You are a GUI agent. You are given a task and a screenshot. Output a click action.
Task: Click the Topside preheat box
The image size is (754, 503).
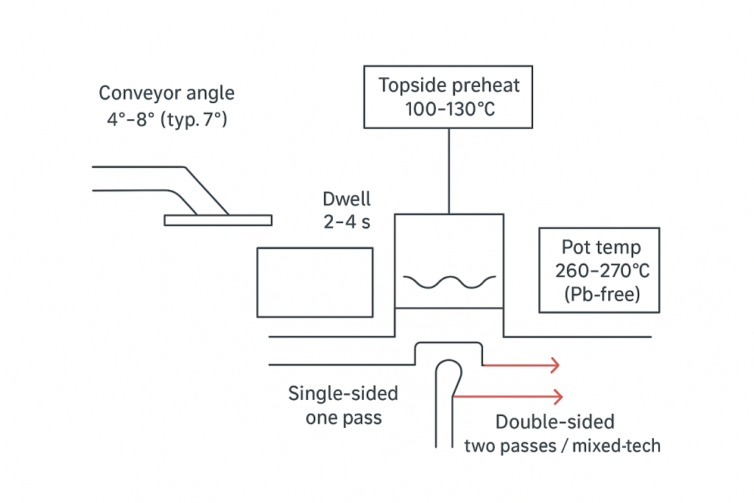tap(448, 96)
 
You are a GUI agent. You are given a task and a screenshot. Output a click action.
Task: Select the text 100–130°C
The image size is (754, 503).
tap(448, 108)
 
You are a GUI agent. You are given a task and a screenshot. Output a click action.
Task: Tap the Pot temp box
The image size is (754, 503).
tap(599, 270)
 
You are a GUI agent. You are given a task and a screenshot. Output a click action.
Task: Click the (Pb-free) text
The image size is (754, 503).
tap(599, 293)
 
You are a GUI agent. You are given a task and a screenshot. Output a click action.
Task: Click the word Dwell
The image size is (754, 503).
tap(347, 199)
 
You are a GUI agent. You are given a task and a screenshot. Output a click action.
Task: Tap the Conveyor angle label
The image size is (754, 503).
tap(167, 94)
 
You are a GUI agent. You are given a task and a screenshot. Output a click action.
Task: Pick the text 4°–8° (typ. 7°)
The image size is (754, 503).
tap(167, 118)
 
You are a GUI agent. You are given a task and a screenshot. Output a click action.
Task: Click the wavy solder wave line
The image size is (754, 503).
tap(449, 282)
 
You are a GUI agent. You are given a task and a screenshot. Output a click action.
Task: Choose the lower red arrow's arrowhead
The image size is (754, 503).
tap(557, 397)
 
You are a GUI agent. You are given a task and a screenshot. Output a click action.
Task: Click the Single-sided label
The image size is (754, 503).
tap(343, 393)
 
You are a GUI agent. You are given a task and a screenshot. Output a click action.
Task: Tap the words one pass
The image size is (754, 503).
tap(343, 418)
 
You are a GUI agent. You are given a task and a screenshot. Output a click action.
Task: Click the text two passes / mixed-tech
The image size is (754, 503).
tap(563, 446)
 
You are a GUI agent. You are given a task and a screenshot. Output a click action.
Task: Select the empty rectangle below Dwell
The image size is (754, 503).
tap(314, 282)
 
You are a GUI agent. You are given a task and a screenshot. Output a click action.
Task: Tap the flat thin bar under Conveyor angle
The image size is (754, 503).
tap(218, 219)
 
